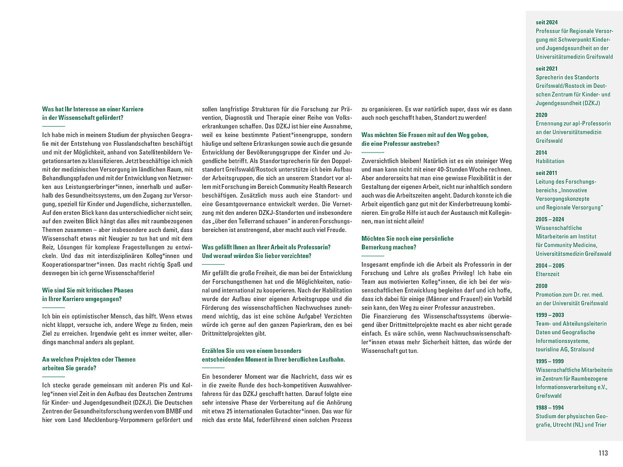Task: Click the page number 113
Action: (602, 453)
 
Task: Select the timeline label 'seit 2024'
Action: (547, 23)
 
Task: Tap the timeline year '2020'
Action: (541, 115)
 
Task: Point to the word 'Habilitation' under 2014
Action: (550, 161)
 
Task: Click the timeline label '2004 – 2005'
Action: (550, 265)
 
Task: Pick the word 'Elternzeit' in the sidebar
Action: (548, 273)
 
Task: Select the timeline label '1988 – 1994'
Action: (550, 407)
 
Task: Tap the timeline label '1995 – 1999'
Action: (550, 361)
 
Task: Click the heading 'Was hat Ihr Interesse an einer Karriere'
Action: (92, 109)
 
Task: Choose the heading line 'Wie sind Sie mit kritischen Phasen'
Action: (87, 291)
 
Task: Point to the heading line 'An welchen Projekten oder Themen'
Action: (89, 360)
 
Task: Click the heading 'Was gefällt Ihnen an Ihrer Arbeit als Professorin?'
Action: (266, 247)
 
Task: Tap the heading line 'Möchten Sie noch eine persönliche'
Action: (408, 239)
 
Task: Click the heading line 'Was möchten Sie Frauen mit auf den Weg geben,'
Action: (425, 135)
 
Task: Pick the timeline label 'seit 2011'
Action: (547, 173)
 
